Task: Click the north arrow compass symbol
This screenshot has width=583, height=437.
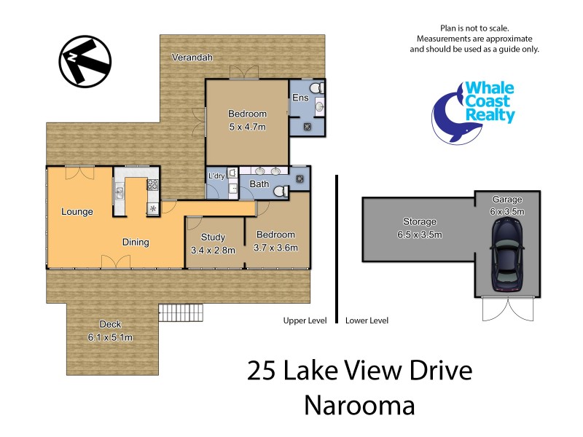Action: [85, 60]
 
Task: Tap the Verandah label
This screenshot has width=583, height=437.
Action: [192, 58]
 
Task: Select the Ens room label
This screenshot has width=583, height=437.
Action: [299, 98]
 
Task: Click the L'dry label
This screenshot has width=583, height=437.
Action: [216, 176]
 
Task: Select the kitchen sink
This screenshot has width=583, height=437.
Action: [119, 194]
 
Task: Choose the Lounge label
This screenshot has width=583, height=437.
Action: [77, 212]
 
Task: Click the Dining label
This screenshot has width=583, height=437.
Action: [136, 243]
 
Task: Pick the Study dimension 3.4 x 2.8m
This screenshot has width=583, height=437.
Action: [214, 249]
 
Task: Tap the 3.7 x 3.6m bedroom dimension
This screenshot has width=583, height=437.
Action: [275, 248]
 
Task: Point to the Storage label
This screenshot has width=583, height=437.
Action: [420, 221]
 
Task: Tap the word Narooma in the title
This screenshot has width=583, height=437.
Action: [359, 405]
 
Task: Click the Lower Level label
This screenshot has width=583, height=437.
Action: [367, 320]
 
